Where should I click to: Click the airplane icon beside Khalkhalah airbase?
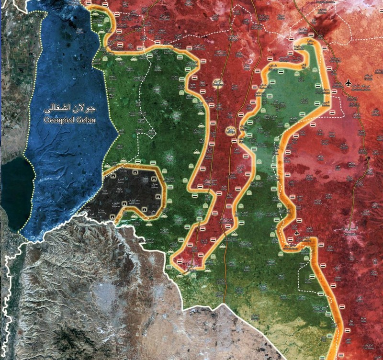348,83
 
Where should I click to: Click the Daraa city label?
191,265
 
